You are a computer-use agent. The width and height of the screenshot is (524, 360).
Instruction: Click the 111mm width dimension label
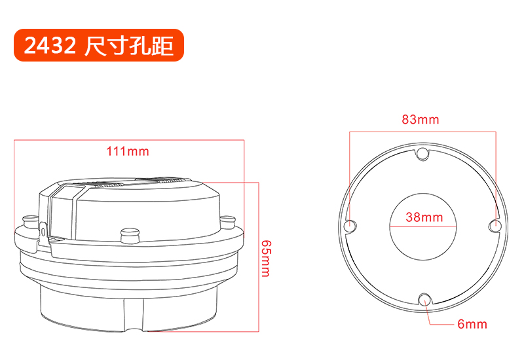tap(127, 151)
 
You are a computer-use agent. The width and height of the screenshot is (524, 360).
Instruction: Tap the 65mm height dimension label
tap(266, 259)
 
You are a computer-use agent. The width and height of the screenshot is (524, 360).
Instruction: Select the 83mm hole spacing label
tap(421, 119)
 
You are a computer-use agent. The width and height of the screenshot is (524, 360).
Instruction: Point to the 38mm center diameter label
tap(424, 217)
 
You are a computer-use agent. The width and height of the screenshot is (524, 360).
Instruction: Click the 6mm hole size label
tap(472, 324)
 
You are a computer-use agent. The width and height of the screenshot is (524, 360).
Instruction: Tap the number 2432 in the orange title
tap(50, 45)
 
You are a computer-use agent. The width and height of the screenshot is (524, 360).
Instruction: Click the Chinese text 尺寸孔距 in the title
tap(129, 45)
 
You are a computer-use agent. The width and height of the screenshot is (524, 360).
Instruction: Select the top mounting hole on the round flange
tap(422, 153)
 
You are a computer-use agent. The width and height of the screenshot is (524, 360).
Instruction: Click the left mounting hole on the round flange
tap(350, 225)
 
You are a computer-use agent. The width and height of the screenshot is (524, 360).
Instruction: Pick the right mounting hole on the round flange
tap(495, 226)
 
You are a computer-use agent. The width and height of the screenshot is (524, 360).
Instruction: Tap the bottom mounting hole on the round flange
tap(424, 299)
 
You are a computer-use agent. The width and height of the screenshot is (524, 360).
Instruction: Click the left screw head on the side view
tap(29, 221)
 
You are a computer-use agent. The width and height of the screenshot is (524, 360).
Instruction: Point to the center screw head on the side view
tap(129, 235)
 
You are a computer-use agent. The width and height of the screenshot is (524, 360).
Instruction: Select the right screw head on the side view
tap(228, 222)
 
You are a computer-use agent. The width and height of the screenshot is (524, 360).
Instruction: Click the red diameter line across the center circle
tap(423, 226)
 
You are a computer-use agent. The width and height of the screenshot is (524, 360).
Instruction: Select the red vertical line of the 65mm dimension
tap(259, 257)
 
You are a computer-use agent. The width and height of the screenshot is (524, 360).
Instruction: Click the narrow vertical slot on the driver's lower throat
tap(134, 315)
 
